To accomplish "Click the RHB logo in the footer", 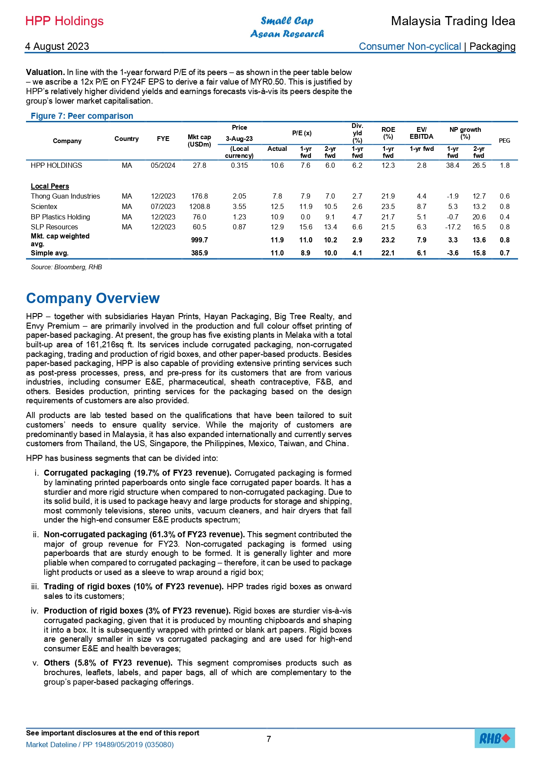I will (x=495, y=738).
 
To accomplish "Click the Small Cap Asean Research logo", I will (x=287, y=27).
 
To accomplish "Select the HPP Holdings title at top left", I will (x=65, y=21).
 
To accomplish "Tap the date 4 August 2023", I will (x=57, y=46).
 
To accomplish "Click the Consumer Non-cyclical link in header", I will (x=410, y=46).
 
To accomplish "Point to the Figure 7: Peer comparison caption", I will (x=82, y=116).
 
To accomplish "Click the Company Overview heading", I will (x=93, y=298).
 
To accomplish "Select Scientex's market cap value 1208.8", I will (x=199, y=206).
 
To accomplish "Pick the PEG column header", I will (x=504, y=140).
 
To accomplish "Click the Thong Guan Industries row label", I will (x=65, y=196).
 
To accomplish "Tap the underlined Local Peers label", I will (x=50, y=186).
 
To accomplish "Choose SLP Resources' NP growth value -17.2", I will (x=453, y=227).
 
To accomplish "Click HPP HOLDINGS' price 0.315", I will (x=239, y=165).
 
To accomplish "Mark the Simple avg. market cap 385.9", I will (x=199, y=253).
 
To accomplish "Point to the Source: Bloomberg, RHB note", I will (x=66, y=267).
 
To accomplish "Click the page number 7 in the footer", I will (x=269, y=739).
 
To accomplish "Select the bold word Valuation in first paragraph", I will (x=45, y=72).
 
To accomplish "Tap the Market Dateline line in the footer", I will (x=100, y=745).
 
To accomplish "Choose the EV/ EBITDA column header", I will (x=421, y=133).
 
